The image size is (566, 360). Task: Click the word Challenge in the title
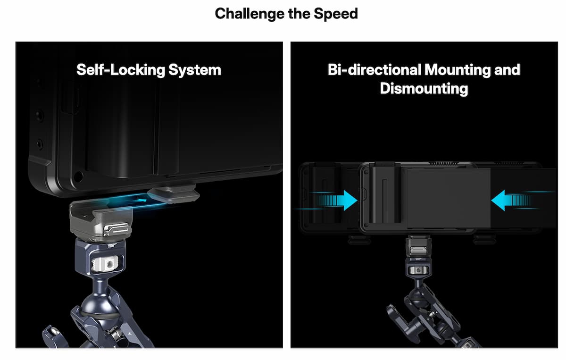pyautogui.click(x=250, y=14)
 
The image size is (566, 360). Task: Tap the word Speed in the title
pyautogui.click(x=336, y=14)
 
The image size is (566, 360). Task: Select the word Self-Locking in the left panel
pyautogui.click(x=121, y=70)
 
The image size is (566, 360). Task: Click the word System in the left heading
pyautogui.click(x=195, y=70)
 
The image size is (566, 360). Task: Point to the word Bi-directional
pyautogui.click(x=375, y=69)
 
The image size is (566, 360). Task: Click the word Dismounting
pyautogui.click(x=424, y=89)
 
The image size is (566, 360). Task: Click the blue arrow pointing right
pyautogui.click(x=338, y=201)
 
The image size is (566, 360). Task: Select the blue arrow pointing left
pyautogui.click(x=511, y=201)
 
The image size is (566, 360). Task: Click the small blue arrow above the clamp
pyautogui.click(x=141, y=201)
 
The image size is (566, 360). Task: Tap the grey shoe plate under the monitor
pyautogui.click(x=174, y=194)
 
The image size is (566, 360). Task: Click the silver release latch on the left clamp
pyautogui.click(x=117, y=228)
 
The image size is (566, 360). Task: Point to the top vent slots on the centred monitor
pyautogui.click(x=443, y=164)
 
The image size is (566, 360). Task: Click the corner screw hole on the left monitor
pyautogui.click(x=78, y=176)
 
